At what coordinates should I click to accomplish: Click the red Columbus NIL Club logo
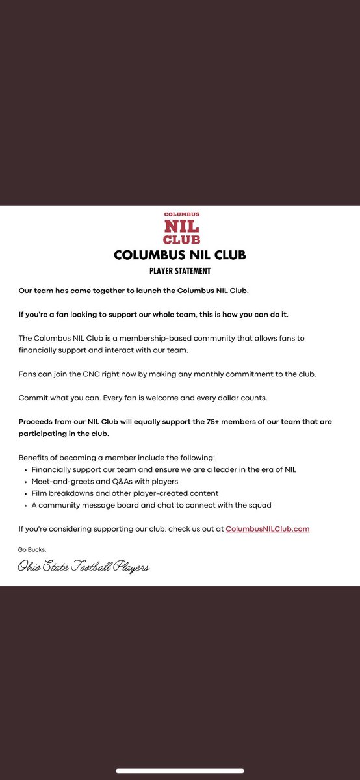point(182,228)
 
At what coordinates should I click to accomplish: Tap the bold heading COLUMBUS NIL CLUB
point(180,255)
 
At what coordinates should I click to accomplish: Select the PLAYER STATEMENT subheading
point(180,271)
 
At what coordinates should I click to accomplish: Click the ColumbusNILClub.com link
point(268,529)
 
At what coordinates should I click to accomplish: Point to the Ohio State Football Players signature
point(84,567)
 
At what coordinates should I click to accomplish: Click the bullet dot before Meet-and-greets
point(25,482)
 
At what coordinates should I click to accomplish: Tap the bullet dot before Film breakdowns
point(25,493)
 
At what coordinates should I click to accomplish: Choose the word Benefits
point(34,458)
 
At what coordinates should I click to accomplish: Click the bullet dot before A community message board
point(25,505)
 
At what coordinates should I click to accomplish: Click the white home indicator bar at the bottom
point(180,771)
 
